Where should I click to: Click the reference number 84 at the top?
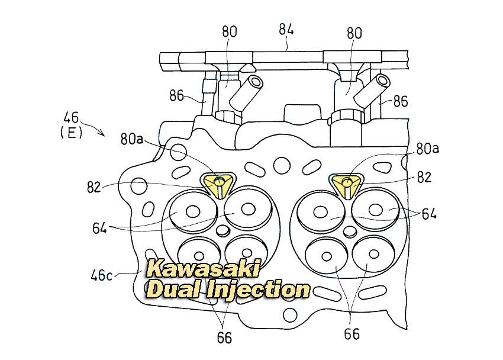click(286, 30)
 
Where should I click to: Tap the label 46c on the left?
click(101, 275)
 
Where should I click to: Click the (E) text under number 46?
click(71, 132)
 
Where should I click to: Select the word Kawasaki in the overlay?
click(204, 268)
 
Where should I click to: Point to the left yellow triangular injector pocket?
click(220, 185)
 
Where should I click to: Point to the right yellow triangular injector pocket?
click(347, 185)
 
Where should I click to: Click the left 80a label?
click(132, 139)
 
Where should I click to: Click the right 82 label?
click(424, 177)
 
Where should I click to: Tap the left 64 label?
click(99, 229)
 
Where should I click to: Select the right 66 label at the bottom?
click(352, 335)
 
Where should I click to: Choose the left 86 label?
click(176, 95)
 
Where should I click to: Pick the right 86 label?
click(401, 101)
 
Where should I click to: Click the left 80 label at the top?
click(230, 32)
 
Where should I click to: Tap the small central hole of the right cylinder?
click(350, 231)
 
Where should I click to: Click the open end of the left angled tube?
click(256, 82)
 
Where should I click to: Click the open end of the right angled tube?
click(383, 81)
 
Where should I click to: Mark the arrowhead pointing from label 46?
click(102, 134)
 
